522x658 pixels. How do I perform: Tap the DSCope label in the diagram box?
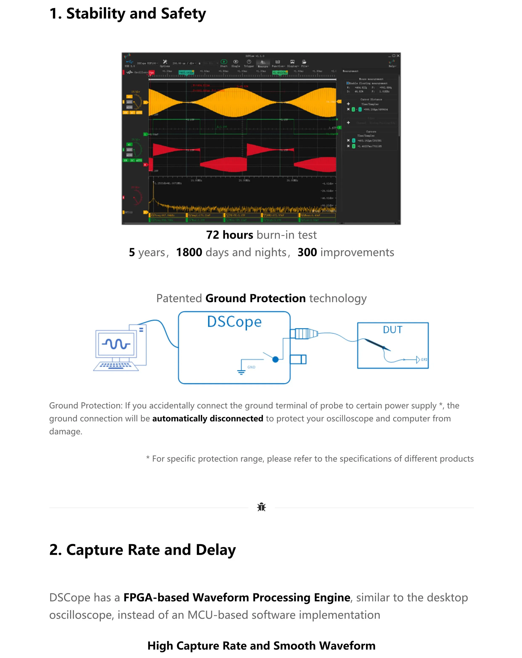[234, 322]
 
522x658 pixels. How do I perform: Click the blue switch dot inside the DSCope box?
[275, 360]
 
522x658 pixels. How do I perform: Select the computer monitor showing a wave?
[116, 344]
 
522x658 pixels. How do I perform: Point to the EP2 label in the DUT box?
[424, 360]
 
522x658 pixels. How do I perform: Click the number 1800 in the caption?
[189, 252]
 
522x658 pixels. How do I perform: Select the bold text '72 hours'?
[229, 235]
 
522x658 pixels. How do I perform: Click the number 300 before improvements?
[307, 252]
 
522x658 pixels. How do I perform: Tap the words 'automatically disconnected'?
[208, 418]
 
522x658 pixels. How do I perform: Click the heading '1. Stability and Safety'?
[128, 14]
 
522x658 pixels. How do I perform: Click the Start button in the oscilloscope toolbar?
[224, 63]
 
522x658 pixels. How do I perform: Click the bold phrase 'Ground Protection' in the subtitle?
[255, 298]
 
